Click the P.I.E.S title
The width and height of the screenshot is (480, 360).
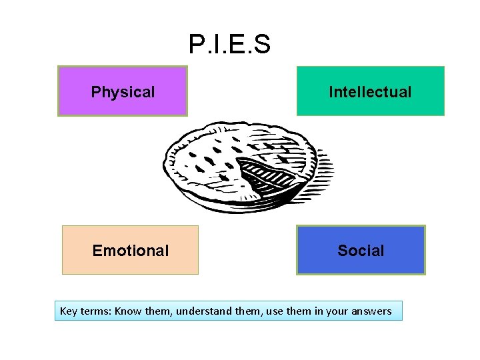[229, 45]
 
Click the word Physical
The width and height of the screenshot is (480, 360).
[123, 92]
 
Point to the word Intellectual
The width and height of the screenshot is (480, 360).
[370, 92]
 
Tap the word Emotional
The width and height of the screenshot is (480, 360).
[130, 251]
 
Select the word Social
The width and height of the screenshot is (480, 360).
[361, 251]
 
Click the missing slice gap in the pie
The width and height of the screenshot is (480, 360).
[265, 175]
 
